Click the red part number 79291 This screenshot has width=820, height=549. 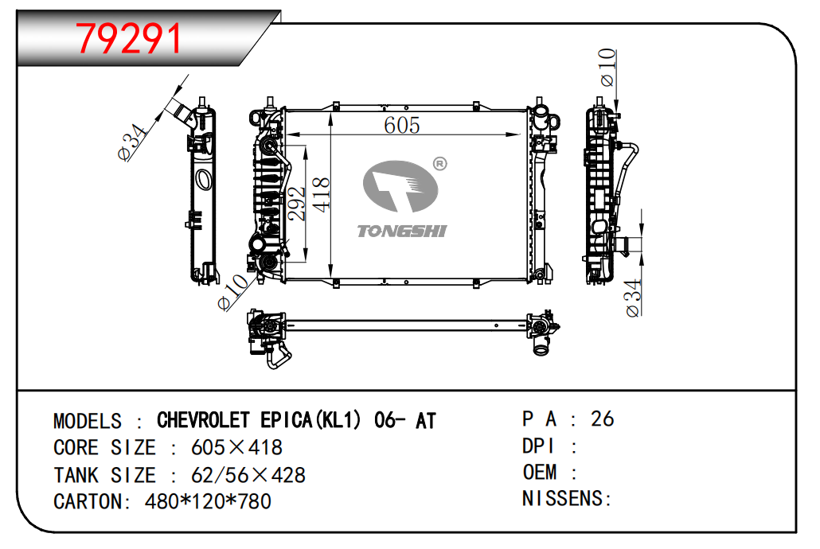tap(127, 37)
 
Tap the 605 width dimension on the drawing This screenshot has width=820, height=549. tap(402, 125)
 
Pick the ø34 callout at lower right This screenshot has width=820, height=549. tap(633, 298)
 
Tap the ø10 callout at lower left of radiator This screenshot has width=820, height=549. tap(233, 292)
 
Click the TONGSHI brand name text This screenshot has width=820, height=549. tap(402, 231)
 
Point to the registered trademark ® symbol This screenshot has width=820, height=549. tap(439, 164)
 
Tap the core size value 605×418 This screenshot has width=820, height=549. tap(237, 447)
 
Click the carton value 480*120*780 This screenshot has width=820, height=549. tap(208, 501)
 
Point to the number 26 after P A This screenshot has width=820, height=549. tap(603, 419)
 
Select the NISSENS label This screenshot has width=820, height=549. tap(566, 499)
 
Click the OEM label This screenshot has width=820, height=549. tap(540, 472)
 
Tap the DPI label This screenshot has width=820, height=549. tap(538, 446)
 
